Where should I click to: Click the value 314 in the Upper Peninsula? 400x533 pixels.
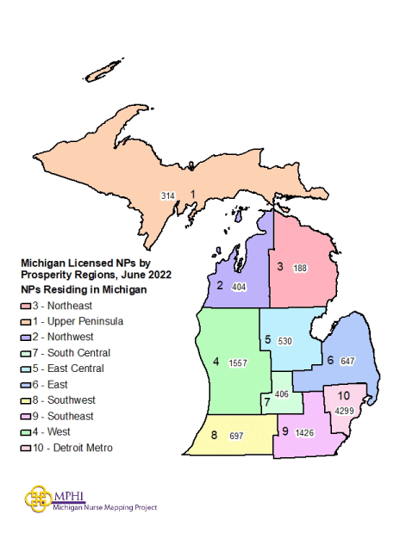pos(168,196)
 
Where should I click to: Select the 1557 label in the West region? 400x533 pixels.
pos(237,363)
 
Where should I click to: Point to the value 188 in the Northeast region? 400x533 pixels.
pos(299,268)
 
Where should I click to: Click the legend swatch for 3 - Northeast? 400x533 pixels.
pos(27,306)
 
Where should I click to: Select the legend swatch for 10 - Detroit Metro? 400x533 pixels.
pos(27,448)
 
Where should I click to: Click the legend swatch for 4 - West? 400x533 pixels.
pos(27,432)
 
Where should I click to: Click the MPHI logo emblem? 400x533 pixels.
pos(39,499)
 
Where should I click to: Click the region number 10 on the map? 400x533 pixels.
pos(343,395)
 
